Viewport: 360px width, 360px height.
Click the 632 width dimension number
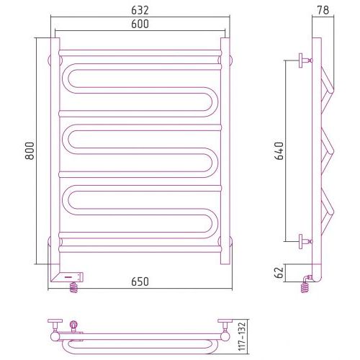140,10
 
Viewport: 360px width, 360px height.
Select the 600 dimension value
140,24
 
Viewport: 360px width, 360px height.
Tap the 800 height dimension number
30,151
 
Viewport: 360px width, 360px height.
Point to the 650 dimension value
140,282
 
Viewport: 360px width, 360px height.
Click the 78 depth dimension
323,10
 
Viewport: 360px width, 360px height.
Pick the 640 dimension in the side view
279,151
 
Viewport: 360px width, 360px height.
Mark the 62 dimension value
279,272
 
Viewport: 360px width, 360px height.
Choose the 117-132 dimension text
242,336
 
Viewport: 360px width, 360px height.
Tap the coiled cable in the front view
74,287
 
